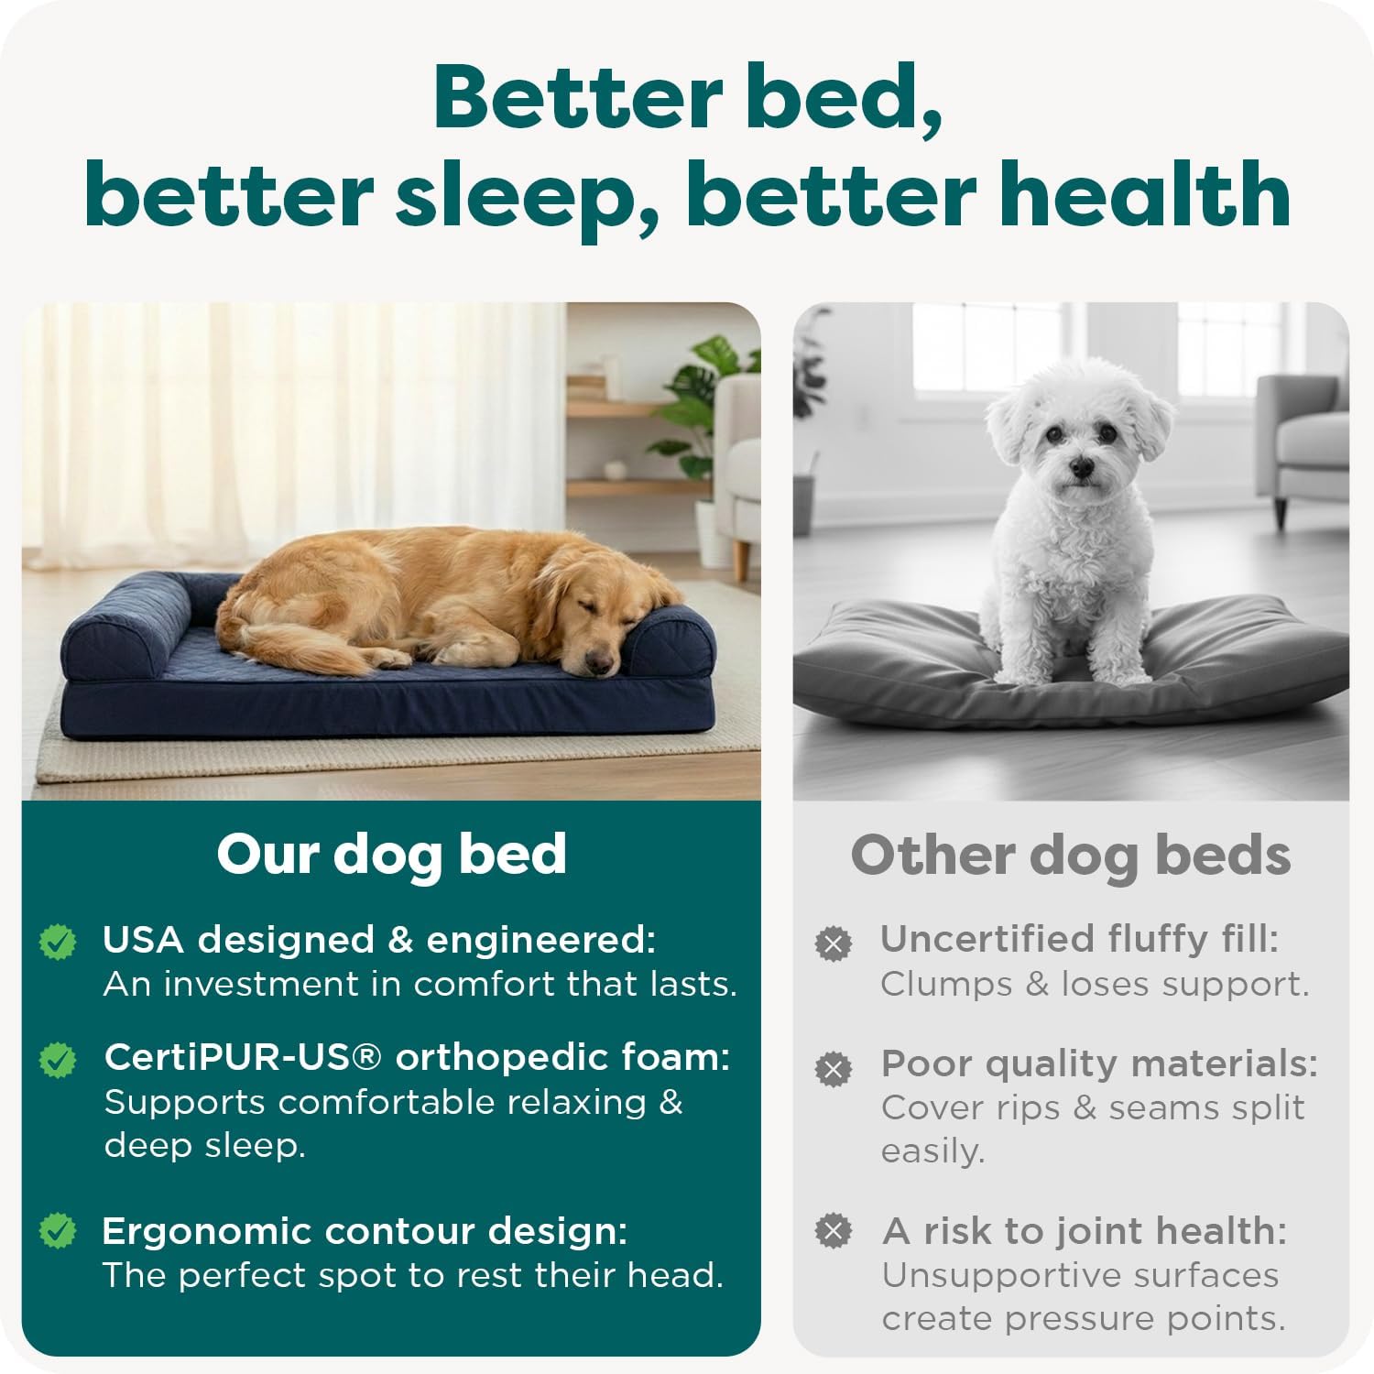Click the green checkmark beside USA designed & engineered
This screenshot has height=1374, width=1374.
coord(58,942)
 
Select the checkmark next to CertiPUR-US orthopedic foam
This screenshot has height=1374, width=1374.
coord(58,1060)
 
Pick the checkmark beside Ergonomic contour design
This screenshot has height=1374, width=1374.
coord(58,1231)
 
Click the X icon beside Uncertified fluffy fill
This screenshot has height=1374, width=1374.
coord(833,943)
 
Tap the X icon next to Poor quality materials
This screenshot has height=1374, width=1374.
coord(833,1068)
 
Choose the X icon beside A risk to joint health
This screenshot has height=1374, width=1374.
coord(833,1231)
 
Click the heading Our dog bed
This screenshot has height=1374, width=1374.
coord(391,855)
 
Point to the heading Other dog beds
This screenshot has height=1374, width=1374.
coord(1070,856)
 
